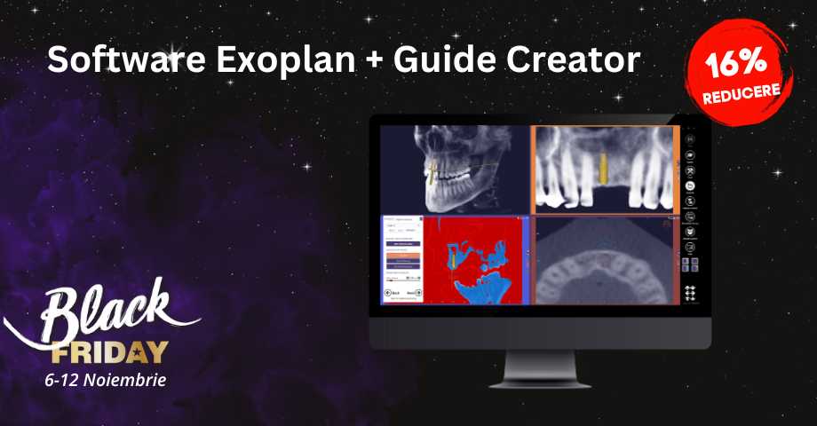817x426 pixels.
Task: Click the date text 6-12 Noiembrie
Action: (x=105, y=379)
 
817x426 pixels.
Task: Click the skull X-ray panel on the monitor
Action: (x=455, y=169)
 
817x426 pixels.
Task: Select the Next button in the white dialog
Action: (x=414, y=292)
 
